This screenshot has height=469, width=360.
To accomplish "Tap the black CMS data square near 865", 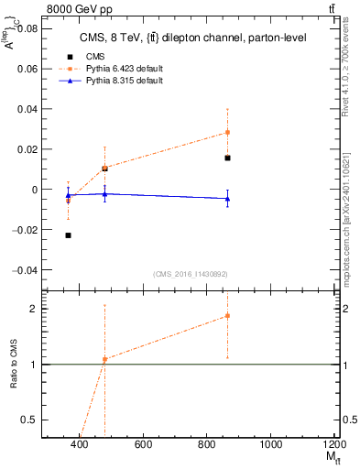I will click(x=227, y=158).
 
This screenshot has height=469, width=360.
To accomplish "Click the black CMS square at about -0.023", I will click(x=69, y=235).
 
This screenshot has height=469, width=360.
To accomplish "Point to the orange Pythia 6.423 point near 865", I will click(x=227, y=132).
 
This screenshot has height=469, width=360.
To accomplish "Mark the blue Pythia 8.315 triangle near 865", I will click(x=227, y=198).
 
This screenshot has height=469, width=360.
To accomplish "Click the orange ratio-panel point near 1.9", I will click(x=227, y=316).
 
